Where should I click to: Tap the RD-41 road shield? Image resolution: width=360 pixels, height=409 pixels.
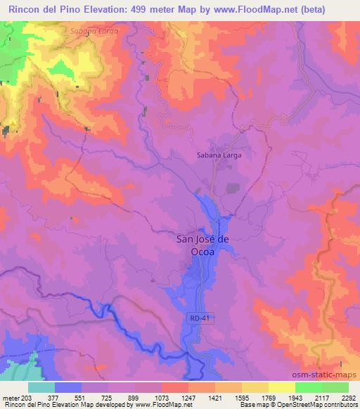(199, 318)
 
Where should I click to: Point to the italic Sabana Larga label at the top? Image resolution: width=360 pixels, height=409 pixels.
(95, 32)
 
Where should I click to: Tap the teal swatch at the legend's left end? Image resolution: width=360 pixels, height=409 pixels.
(41, 387)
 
